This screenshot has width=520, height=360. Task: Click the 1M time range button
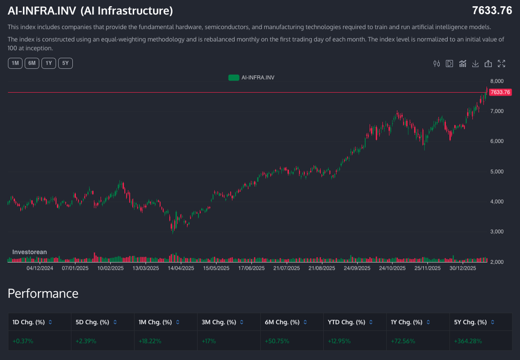[15, 63]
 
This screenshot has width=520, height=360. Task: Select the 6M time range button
[32, 63]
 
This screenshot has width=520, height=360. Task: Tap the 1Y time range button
[49, 63]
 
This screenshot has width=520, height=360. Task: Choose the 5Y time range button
[66, 63]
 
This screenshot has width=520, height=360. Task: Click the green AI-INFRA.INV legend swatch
[234, 78]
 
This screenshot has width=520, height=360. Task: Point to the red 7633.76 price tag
[500, 92]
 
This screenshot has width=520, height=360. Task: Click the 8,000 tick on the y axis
[497, 81]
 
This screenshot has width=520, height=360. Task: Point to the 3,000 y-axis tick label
[497, 232]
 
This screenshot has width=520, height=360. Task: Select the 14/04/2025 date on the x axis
[181, 268]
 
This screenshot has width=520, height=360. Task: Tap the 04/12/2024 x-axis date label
[40, 268]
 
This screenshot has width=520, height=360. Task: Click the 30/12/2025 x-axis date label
[463, 268]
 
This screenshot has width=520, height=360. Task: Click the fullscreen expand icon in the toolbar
[501, 64]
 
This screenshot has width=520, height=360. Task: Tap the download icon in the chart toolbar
[475, 64]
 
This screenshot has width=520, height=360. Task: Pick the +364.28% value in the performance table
[467, 341]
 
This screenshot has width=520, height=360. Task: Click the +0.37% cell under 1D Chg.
[23, 341]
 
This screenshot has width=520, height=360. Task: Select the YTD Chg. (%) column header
[347, 322]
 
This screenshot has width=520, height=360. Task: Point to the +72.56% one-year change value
[403, 341]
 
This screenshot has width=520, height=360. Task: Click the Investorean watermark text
[30, 252]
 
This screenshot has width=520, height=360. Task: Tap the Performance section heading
[43, 293]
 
